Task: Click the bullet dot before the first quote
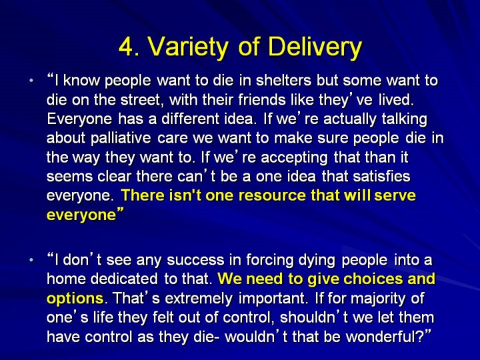[31, 81]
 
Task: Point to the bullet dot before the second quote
[31, 260]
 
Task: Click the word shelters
[283, 81]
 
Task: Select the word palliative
[120, 138]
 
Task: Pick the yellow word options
[75, 299]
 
